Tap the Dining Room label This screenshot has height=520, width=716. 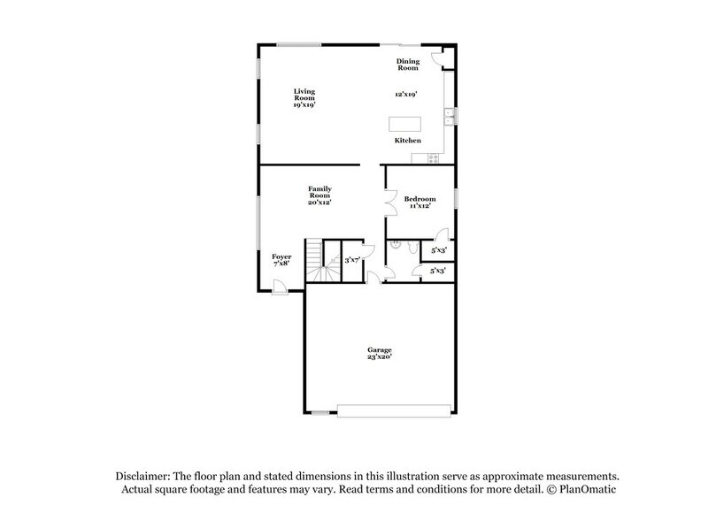click(x=407, y=64)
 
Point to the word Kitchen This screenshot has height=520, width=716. click(x=407, y=141)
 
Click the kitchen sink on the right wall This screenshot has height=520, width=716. click(x=451, y=115)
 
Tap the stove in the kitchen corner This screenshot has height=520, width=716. click(x=433, y=158)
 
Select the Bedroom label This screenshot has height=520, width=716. click(x=420, y=199)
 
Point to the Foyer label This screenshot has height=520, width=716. click(x=281, y=256)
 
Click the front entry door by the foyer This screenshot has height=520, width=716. click(x=278, y=287)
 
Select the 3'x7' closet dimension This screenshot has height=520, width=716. click(x=351, y=260)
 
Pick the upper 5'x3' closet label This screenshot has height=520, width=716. click(x=438, y=251)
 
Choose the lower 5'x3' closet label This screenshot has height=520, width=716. click(x=438, y=271)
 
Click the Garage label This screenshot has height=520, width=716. click(x=380, y=349)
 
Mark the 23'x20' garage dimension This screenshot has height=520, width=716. click(x=380, y=358)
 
